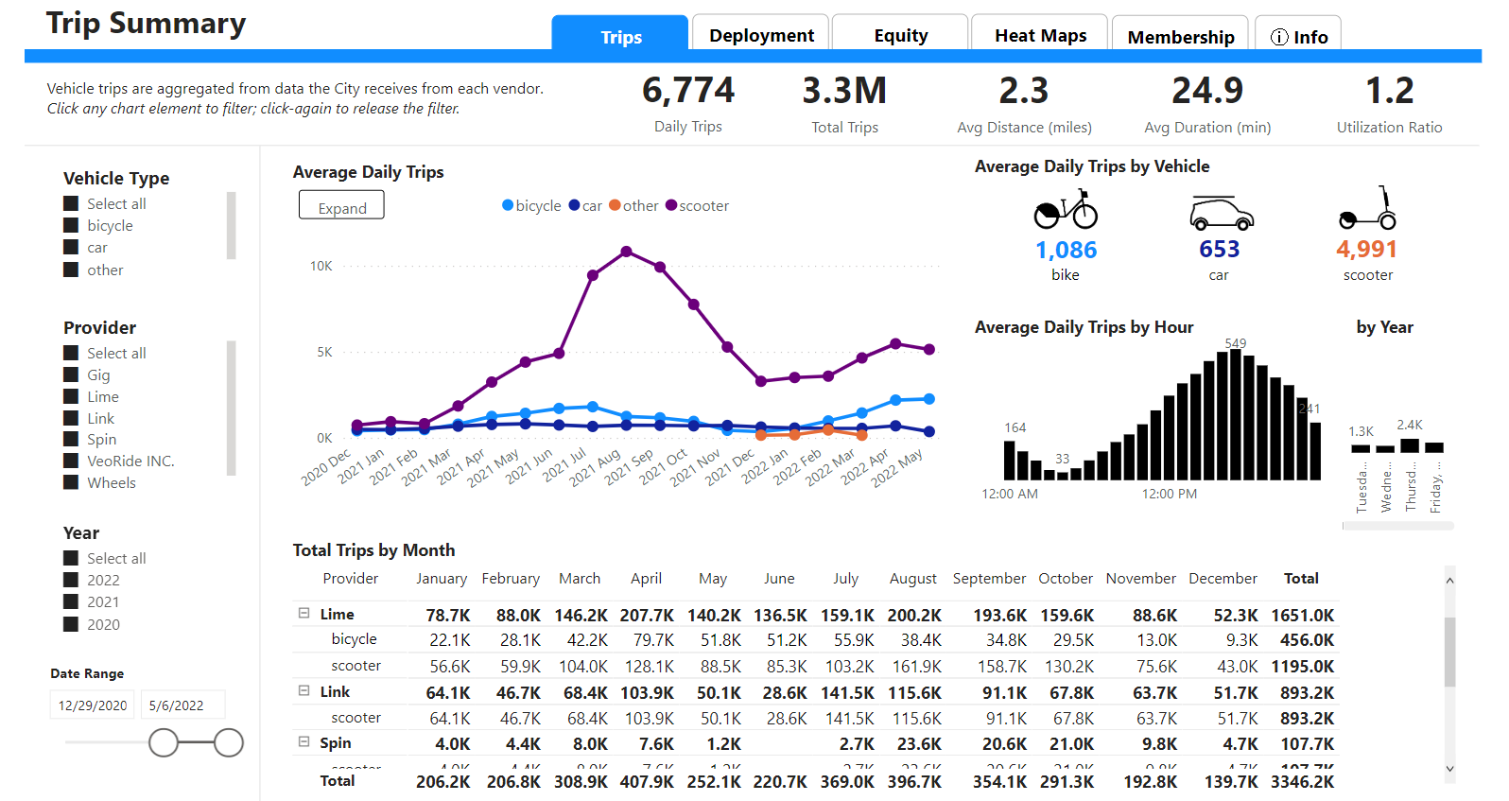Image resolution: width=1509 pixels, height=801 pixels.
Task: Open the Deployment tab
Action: pos(761,35)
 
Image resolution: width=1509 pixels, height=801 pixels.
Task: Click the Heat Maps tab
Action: pos(1040,35)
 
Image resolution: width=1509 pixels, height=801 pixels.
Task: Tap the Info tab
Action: pos(1298,36)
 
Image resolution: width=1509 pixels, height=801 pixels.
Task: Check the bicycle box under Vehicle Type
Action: pos(71,225)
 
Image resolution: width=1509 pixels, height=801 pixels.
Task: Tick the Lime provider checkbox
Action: pos(71,396)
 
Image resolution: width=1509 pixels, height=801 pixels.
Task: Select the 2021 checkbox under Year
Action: pos(71,602)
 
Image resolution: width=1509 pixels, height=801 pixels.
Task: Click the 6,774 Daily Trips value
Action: pos(687,91)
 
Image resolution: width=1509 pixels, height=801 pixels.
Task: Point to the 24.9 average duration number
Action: pos(1206,91)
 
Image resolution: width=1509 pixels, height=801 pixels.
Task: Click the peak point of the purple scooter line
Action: pos(627,252)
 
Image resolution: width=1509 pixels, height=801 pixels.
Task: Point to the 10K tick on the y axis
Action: pos(321,267)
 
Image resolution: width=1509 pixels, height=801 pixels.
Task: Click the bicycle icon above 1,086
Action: pos(1066,210)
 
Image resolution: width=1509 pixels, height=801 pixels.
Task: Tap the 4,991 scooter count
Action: pos(1366,249)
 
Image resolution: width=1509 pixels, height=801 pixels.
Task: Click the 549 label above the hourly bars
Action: pos(1235,343)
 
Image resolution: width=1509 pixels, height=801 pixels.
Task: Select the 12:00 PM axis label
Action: pos(1169,494)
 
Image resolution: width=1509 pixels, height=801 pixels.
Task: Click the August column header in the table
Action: pos(912,578)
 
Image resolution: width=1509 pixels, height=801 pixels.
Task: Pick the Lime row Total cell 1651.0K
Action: pos(1302,615)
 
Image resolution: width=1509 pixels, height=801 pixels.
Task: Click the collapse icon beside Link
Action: pos(304,691)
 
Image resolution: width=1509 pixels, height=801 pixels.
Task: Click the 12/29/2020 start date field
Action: pos(93,705)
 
